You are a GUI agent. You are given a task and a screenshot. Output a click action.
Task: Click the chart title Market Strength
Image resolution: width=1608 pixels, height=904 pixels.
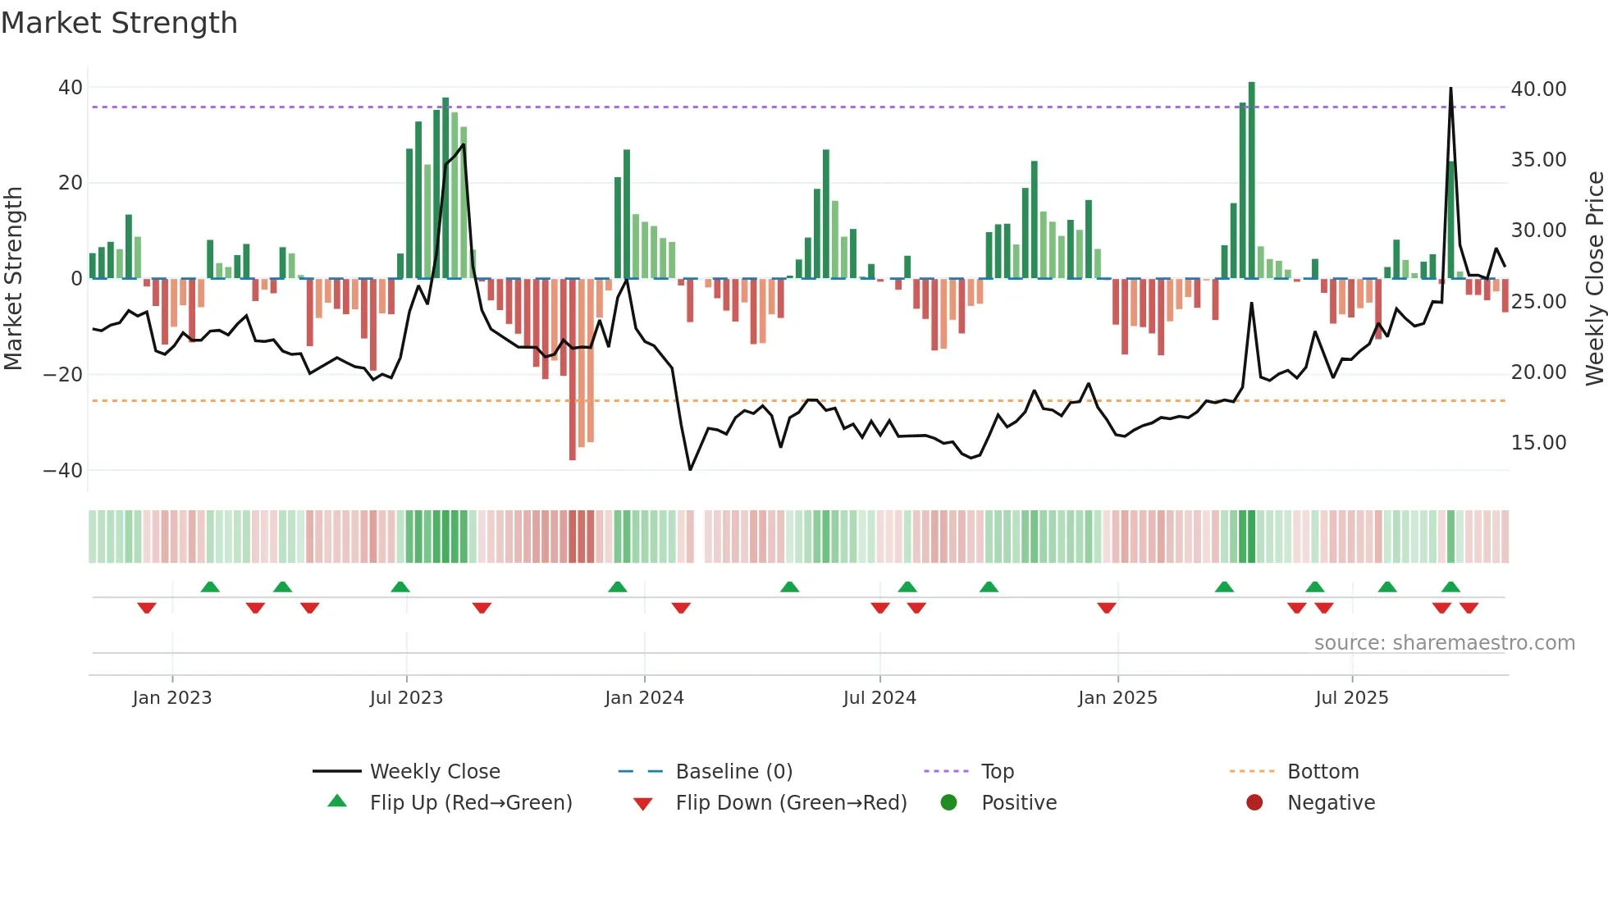[x=119, y=23]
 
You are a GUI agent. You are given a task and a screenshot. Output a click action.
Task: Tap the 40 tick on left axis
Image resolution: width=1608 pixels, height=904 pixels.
[x=71, y=88]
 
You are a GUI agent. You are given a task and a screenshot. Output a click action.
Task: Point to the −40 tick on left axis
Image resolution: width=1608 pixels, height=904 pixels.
[x=63, y=471]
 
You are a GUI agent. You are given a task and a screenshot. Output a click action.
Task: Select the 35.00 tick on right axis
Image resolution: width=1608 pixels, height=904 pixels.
[x=1538, y=160]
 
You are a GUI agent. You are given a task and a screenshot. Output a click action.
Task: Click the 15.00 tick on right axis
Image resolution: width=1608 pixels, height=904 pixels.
[x=1538, y=443]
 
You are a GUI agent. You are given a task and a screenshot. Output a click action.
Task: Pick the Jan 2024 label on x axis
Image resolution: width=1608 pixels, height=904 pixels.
[x=644, y=698]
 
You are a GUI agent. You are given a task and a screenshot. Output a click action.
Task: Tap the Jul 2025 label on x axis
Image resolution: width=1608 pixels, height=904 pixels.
[x=1351, y=698]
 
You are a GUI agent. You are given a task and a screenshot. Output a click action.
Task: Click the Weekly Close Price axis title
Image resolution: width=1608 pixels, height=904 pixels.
[x=1594, y=279]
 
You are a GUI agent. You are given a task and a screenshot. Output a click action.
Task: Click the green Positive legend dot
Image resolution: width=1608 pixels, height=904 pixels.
[x=949, y=803]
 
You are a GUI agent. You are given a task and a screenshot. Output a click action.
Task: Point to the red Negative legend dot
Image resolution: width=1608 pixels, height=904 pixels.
[x=1254, y=803]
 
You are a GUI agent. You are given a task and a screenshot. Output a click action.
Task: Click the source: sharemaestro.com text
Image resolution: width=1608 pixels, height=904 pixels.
[x=1444, y=643]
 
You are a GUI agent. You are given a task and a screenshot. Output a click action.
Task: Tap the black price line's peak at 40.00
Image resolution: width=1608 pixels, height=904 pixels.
[x=1450, y=89]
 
